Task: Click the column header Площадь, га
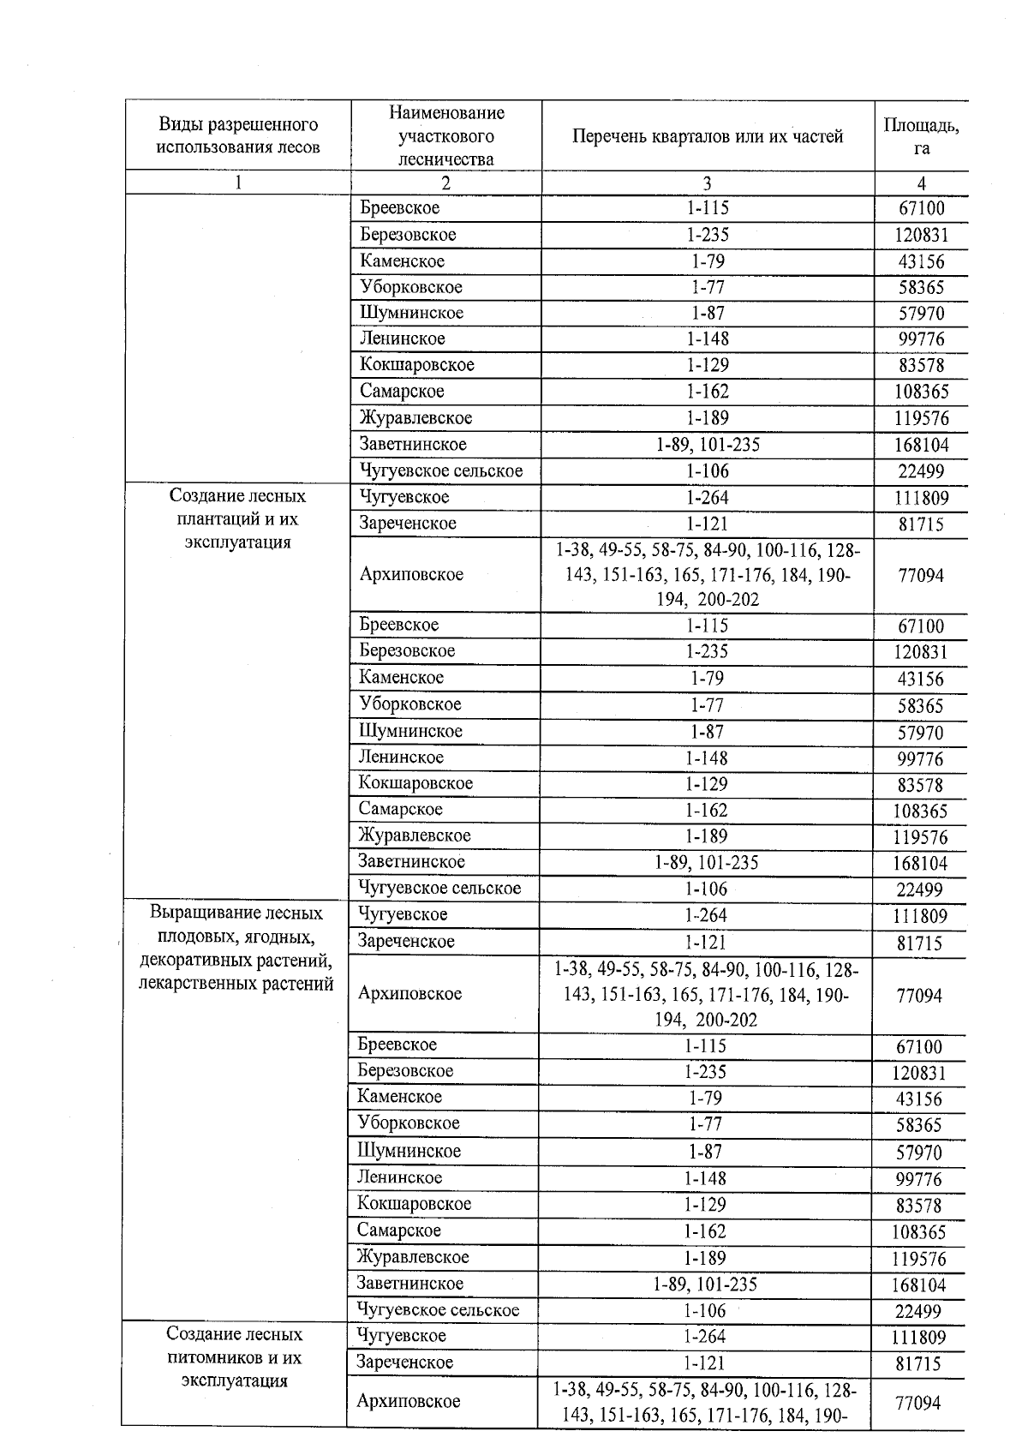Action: pyautogui.click(x=921, y=136)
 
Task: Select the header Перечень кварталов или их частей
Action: pyautogui.click(x=707, y=136)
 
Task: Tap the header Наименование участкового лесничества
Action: pyautogui.click(x=445, y=136)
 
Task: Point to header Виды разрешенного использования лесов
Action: pyautogui.click(x=237, y=136)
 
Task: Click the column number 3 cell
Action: pyautogui.click(x=707, y=183)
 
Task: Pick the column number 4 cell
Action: pyautogui.click(x=921, y=183)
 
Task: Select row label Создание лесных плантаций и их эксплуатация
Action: pyautogui.click(x=237, y=519)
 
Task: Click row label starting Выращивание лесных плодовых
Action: pyautogui.click(x=236, y=949)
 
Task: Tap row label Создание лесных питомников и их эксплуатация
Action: pyautogui.click(x=234, y=1357)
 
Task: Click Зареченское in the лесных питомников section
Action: pyautogui.click(x=405, y=1362)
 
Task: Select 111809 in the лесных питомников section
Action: pyautogui.click(x=919, y=1338)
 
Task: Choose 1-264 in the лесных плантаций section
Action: pyautogui.click(x=707, y=497)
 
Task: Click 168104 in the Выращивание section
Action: pyautogui.click(x=919, y=1285)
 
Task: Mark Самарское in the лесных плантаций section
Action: pyautogui.click(x=400, y=809)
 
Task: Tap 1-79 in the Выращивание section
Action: pyautogui.click(x=705, y=1098)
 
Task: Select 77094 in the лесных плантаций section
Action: pyautogui.click(x=920, y=576)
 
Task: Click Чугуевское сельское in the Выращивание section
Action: pyautogui.click(x=438, y=1310)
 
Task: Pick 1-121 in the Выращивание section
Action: pyautogui.click(x=705, y=942)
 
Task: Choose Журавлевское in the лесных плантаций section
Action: pyautogui.click(x=415, y=835)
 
